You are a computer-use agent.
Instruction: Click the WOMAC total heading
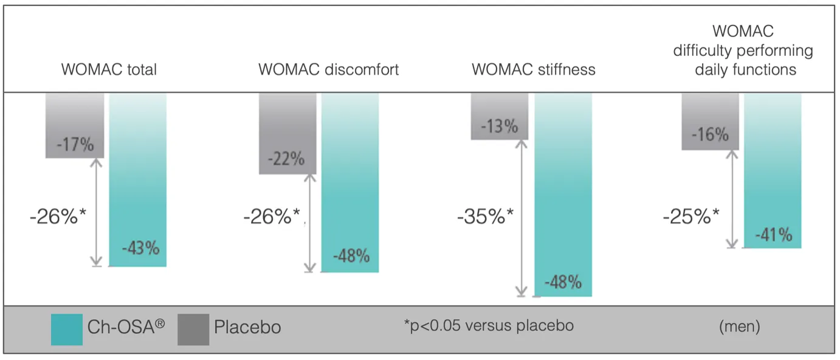coord(109,69)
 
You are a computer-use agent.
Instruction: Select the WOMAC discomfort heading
coord(328,69)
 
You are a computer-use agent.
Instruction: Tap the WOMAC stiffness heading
coord(534,69)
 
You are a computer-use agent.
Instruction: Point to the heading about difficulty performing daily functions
coord(743,50)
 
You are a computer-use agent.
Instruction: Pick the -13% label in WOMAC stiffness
coord(499,126)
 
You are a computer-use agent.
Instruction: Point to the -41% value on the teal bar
coord(774,235)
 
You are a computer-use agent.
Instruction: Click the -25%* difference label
coord(691,216)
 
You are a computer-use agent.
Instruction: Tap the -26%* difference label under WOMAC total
coord(58,216)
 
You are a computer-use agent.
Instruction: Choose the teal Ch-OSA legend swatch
coord(67,330)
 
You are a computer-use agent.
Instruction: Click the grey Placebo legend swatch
coord(193,330)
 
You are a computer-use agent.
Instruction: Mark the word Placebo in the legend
coord(247,327)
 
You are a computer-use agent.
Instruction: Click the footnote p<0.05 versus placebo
coord(489,325)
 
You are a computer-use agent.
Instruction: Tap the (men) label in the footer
coord(739,327)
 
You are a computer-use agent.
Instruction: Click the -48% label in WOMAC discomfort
coord(351,256)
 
